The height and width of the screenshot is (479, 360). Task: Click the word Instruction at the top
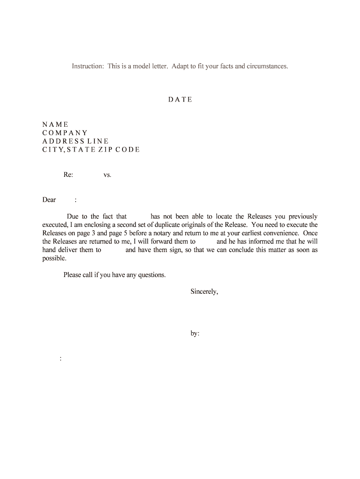[87, 66]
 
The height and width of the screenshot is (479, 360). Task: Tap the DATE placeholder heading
[180, 100]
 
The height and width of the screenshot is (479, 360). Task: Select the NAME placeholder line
[55, 124]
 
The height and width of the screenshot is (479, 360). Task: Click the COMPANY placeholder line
[65, 133]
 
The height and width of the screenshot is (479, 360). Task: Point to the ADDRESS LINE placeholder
[75, 141]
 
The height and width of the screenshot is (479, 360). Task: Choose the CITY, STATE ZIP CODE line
[91, 150]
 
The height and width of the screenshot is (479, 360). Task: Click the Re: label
[68, 175]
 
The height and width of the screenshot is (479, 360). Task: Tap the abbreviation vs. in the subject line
[107, 175]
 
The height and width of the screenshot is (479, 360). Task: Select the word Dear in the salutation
[49, 200]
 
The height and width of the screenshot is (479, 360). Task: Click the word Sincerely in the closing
[204, 291]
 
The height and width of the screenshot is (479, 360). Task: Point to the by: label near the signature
[195, 334]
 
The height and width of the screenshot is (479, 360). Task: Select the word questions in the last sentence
[151, 275]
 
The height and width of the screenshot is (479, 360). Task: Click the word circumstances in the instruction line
[268, 66]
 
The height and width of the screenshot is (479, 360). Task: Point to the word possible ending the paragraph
[54, 258]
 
